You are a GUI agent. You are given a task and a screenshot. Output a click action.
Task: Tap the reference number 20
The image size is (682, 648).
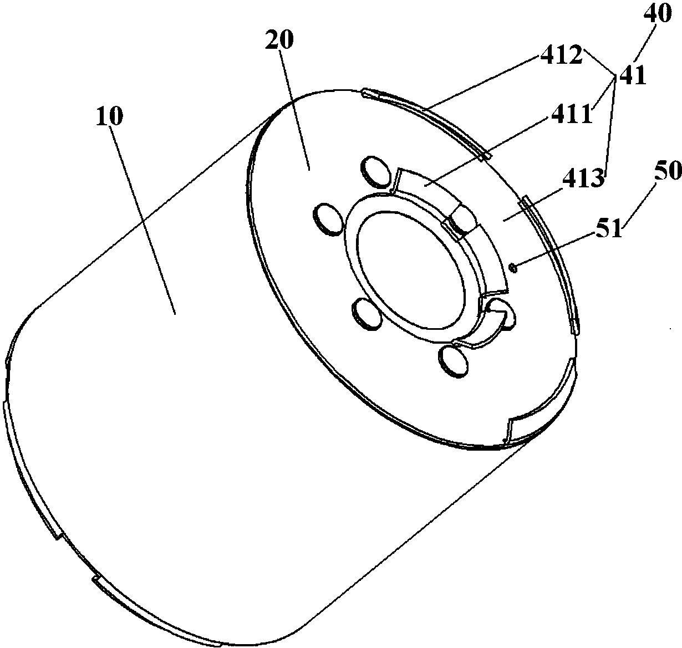(279, 40)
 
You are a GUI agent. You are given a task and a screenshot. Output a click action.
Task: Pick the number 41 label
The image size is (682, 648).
(633, 76)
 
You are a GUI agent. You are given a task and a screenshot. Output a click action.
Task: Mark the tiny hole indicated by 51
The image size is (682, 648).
(513, 267)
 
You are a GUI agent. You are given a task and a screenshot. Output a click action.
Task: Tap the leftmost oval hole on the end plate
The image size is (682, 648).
(328, 220)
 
